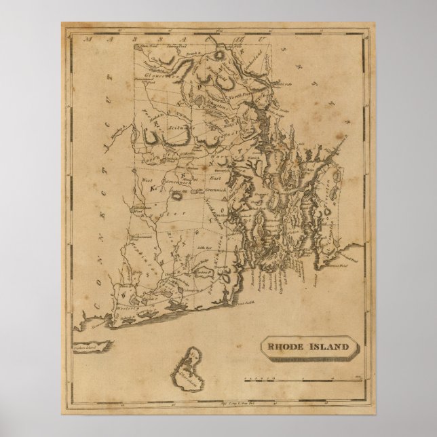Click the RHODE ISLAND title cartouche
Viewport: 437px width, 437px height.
(307, 348)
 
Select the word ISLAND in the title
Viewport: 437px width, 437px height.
(327, 348)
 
